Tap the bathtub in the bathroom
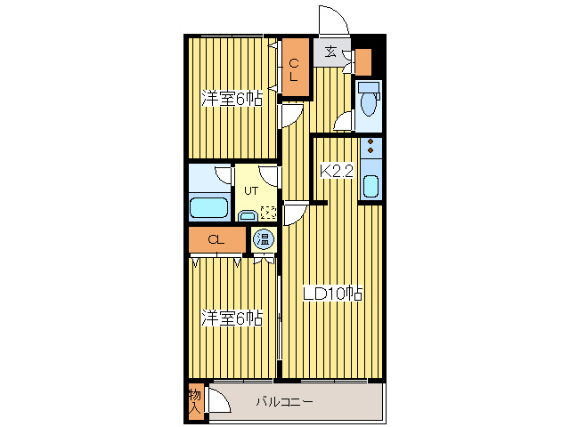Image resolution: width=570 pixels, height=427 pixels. point(208,208)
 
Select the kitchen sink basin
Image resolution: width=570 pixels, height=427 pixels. point(370,186)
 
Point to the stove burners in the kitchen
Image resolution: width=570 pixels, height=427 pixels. point(370,146)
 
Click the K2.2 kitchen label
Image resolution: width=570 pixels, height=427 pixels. point(337,171)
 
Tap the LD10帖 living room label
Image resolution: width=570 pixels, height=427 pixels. point(332,294)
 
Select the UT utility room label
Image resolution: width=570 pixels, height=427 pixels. point(251,190)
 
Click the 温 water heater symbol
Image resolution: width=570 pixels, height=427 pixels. point(264,239)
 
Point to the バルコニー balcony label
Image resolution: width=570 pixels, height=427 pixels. point(285,402)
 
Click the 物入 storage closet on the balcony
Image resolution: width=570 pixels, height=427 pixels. point(195,402)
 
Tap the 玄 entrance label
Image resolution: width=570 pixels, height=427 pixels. point(330,52)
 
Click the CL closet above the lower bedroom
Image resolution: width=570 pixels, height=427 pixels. point(217,239)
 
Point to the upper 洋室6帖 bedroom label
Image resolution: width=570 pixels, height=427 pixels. point(232,98)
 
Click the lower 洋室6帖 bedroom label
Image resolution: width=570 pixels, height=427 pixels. point(232,318)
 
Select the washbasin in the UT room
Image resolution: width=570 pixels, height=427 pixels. point(248,216)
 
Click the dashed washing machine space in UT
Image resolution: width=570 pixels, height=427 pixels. point(269,213)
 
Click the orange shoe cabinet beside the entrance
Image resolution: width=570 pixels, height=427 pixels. point(363,62)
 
